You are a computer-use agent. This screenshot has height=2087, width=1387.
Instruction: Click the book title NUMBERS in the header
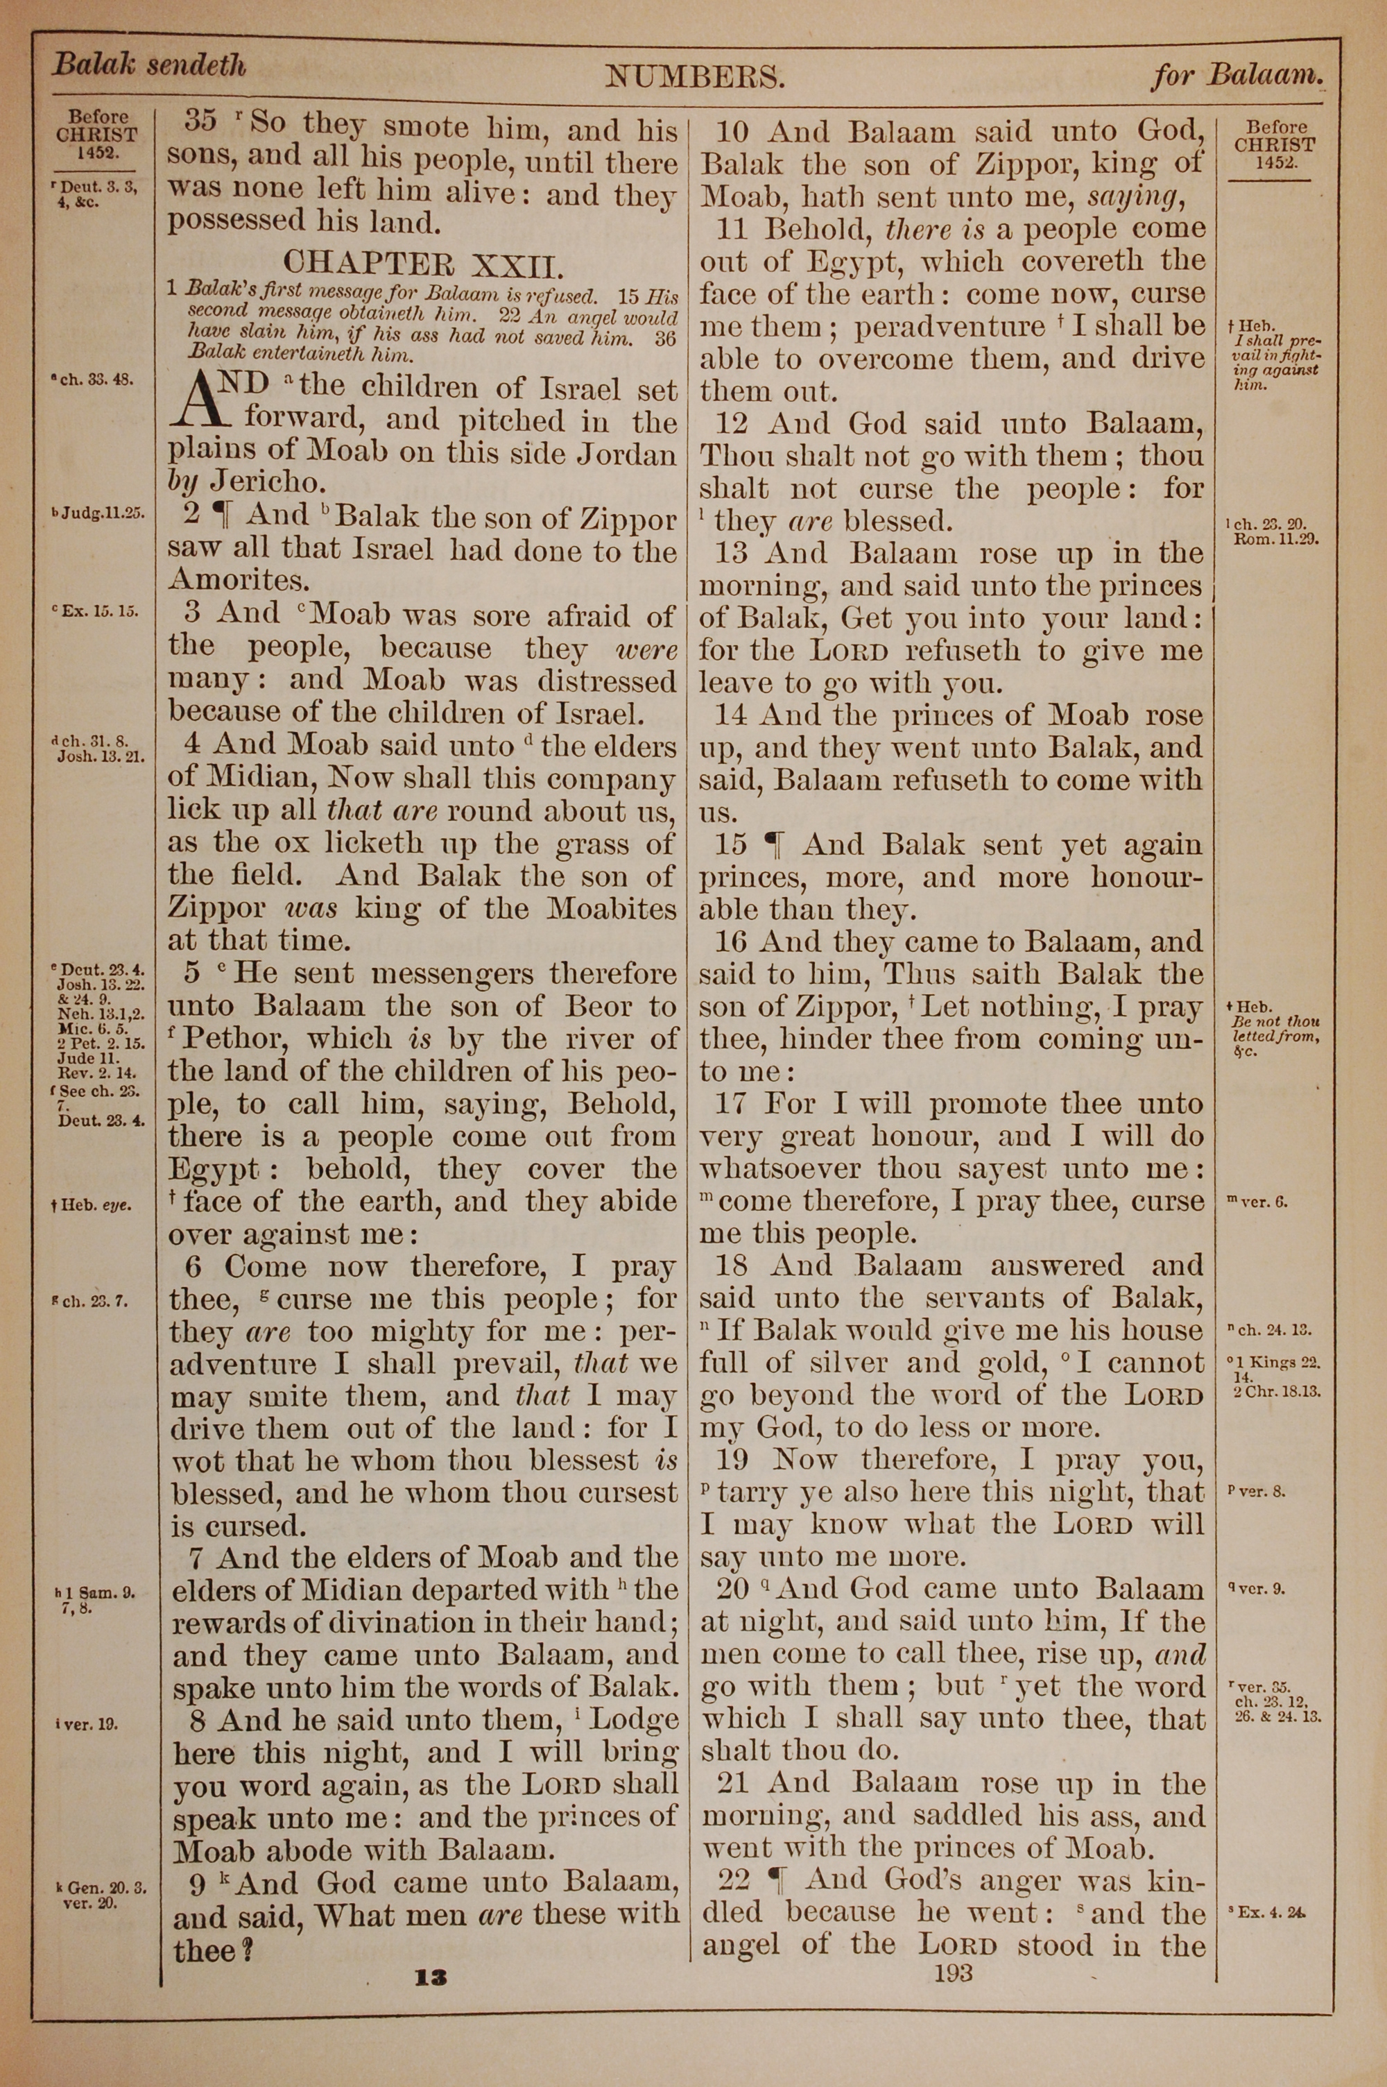[x=696, y=78]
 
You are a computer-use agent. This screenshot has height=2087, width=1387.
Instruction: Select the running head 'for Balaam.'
[x=1237, y=76]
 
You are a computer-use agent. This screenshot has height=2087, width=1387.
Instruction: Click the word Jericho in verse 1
[x=270, y=482]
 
